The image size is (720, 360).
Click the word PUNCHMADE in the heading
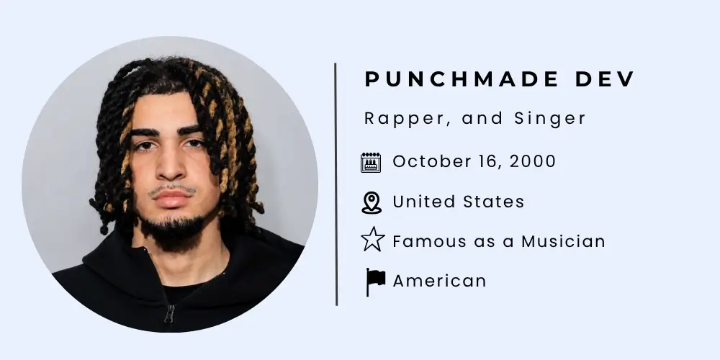tap(462, 79)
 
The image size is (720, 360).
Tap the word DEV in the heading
tap(605, 79)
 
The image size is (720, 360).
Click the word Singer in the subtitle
tap(550, 119)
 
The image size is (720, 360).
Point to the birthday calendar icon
tap(371, 163)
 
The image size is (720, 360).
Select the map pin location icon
tap(372, 203)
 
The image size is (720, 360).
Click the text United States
tap(458, 202)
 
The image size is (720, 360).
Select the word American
tap(439, 281)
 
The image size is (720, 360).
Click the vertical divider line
tap(336, 184)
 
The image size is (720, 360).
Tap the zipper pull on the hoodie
tap(169, 314)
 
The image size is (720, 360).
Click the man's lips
tap(172, 199)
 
